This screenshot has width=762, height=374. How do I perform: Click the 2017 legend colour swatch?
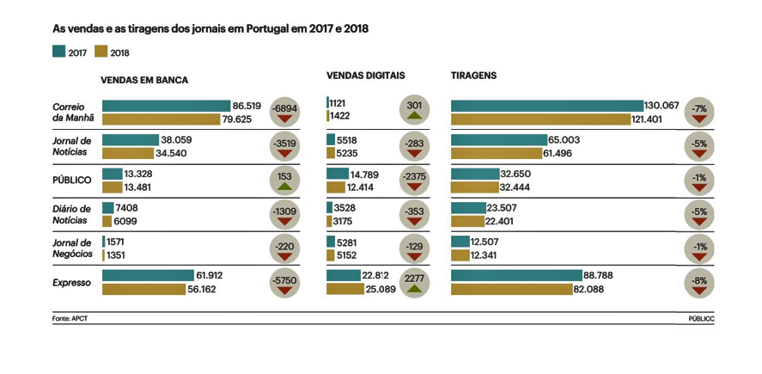click(x=58, y=52)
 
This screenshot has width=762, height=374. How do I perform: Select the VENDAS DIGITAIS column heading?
click(x=365, y=76)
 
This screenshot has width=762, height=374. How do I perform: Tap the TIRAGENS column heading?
click(x=473, y=76)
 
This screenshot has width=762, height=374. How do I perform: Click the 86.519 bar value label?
click(x=247, y=105)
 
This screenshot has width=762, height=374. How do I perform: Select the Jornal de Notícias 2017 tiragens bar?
click(x=499, y=139)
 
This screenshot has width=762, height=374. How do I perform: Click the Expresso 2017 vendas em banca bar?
click(x=148, y=275)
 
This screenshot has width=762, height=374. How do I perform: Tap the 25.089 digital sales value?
click(x=381, y=289)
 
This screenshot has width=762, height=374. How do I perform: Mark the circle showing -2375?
click(x=415, y=180)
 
